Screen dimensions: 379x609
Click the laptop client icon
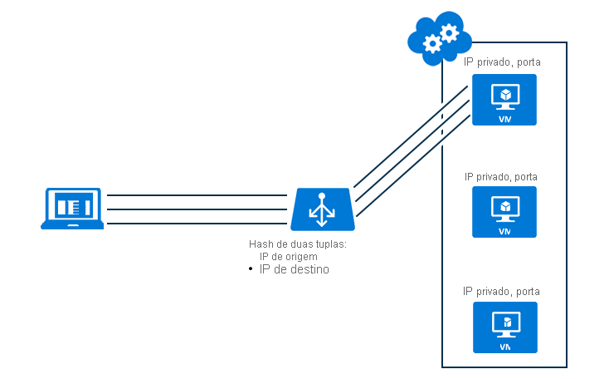click(72, 208)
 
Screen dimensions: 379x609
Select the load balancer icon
click(323, 209)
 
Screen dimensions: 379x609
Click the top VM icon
click(504, 100)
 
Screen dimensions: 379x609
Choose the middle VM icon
click(504, 211)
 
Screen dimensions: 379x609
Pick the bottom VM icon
click(504, 327)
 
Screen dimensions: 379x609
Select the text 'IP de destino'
click(295, 269)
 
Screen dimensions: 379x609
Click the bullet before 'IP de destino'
click(250, 270)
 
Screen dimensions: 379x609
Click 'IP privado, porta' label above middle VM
click(501, 176)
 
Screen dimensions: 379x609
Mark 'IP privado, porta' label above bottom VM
click(501, 291)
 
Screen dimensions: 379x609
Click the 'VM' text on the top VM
click(504, 119)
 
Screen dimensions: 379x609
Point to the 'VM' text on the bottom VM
click(504, 346)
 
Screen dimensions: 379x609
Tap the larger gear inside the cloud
click(449, 33)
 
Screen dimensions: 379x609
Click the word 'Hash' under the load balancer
click(260, 244)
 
